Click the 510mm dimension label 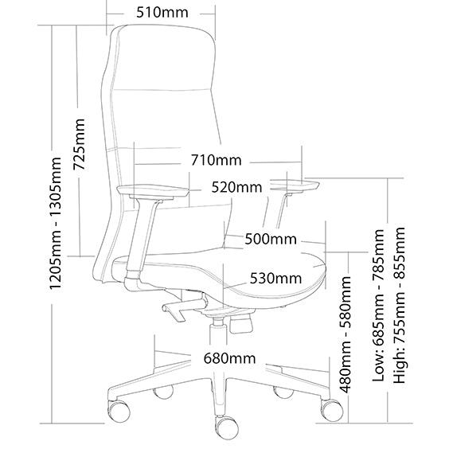(x=162, y=13)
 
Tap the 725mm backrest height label (x=79, y=144)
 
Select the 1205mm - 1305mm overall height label (x=56, y=223)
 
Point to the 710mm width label (x=217, y=160)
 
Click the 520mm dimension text (x=236, y=187)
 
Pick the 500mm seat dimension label (x=271, y=239)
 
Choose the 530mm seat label (x=275, y=278)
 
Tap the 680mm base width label (x=229, y=358)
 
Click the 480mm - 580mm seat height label (x=345, y=334)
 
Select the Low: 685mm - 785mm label (x=378, y=305)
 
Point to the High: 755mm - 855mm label (x=400, y=305)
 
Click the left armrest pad (x=153, y=191)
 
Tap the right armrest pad (x=295, y=184)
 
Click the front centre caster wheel (x=227, y=428)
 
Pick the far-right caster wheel (x=332, y=410)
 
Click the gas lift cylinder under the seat (x=218, y=332)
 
